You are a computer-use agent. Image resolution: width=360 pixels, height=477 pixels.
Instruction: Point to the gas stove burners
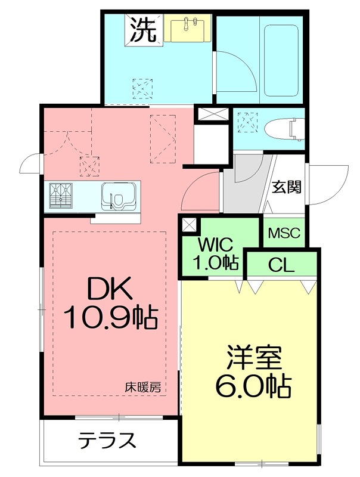[61, 196]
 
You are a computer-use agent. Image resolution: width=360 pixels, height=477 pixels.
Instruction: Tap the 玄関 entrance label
[286, 187]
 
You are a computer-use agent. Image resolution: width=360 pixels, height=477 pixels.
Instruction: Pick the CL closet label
[281, 265]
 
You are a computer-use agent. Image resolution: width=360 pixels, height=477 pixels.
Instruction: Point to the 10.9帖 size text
[111, 318]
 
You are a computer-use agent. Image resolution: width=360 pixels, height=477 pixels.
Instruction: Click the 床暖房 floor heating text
[142, 386]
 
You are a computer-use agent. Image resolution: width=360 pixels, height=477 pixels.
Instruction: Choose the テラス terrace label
[107, 441]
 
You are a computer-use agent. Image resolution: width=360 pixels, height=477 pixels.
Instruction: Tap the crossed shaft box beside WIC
[189, 225]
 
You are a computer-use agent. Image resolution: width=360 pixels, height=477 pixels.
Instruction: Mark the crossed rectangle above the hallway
[212, 114]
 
